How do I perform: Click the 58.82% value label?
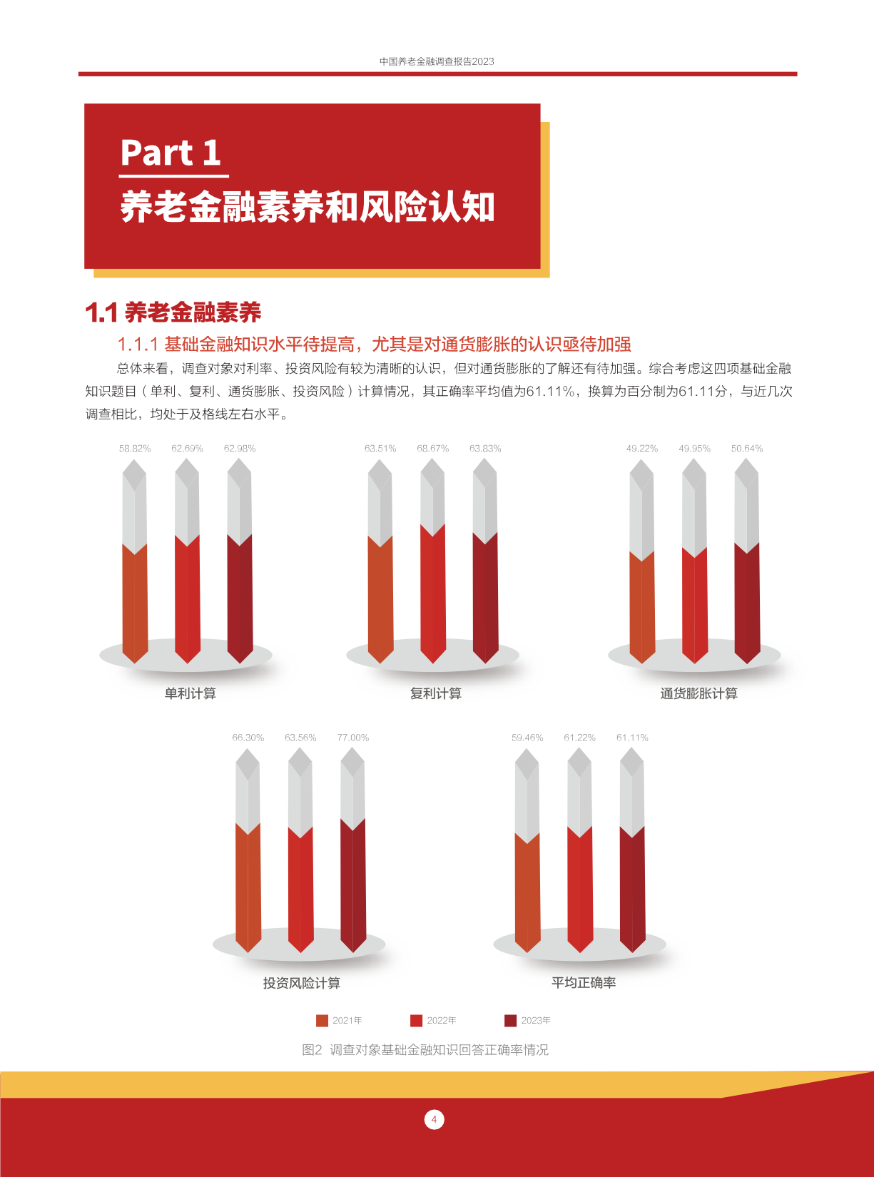tap(135, 449)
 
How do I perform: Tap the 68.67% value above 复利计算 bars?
tap(433, 449)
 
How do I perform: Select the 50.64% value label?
tap(746, 449)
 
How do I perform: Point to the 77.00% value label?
tap(352, 738)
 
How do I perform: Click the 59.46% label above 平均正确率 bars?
tap(527, 738)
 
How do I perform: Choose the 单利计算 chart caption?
tap(190, 693)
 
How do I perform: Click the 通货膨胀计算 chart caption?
tap(698, 693)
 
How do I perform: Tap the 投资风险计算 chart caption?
tap(302, 983)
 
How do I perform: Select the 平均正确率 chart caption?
tap(584, 983)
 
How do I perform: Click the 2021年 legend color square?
tap(322, 1021)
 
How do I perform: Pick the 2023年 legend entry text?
tap(536, 1021)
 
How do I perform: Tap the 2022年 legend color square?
tap(416, 1021)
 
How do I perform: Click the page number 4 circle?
tap(435, 1120)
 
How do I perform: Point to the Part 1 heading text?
tap(171, 153)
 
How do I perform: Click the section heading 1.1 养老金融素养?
tap(173, 312)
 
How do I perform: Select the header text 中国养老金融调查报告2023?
tap(437, 61)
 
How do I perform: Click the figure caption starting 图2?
tap(425, 1049)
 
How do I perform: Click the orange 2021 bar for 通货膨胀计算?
tap(642, 608)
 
